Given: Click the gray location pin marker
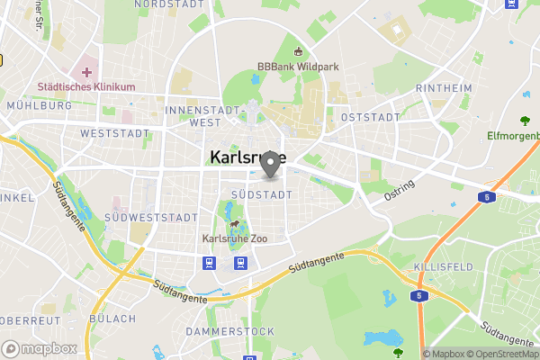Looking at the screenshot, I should point(269,164).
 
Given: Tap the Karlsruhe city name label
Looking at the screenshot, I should point(247,157).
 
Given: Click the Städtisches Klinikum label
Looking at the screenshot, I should point(86,87).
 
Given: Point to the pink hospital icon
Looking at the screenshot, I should point(86,70).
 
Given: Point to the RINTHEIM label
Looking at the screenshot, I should point(445,88).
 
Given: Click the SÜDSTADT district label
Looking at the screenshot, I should point(262,194).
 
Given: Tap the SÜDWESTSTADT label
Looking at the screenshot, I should point(150,218).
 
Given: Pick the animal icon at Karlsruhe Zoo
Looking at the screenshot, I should point(234,223).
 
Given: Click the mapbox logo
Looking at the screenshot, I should point(39,348).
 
